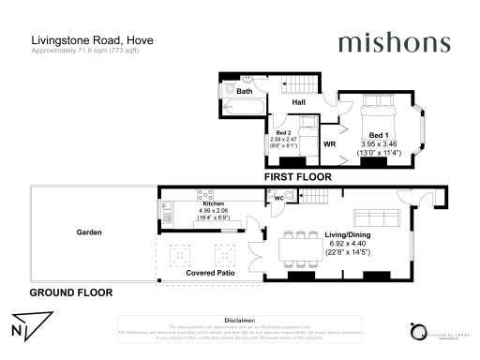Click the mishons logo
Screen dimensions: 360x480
(x=395, y=42)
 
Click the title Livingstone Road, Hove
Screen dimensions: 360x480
(x=92, y=40)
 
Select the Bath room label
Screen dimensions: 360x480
(x=244, y=92)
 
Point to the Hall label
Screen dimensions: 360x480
(x=299, y=101)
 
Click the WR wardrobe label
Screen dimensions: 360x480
(x=329, y=145)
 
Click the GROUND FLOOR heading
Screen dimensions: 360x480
(x=70, y=292)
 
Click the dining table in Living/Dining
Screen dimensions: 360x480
(x=296, y=248)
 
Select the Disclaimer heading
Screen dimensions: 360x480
(x=240, y=319)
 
